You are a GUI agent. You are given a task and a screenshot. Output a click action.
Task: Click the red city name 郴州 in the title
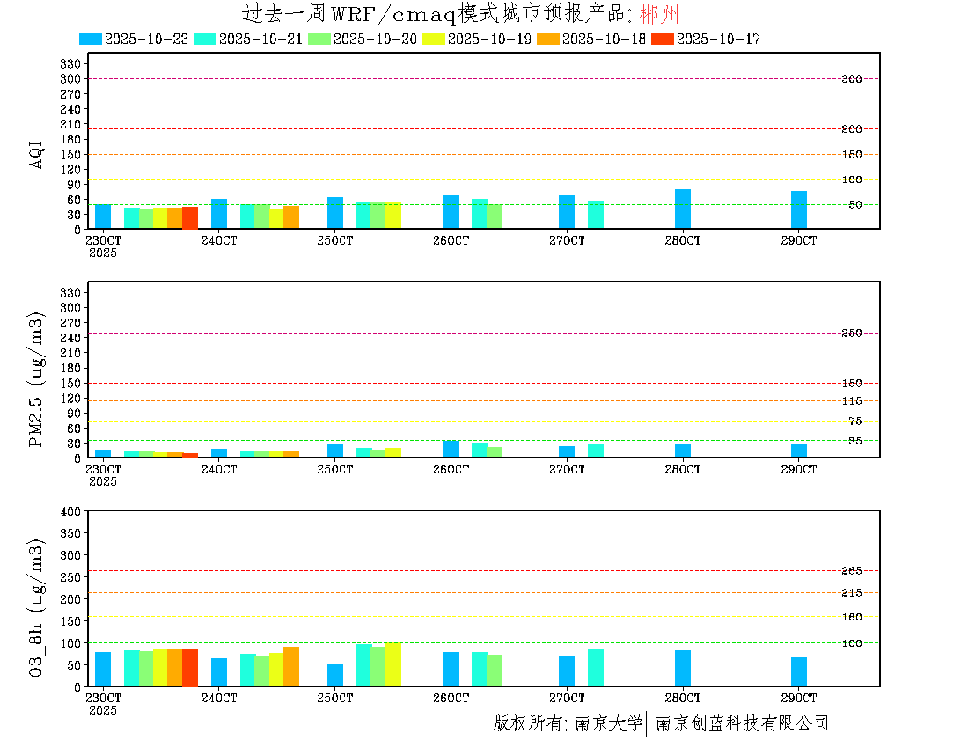(x=659, y=14)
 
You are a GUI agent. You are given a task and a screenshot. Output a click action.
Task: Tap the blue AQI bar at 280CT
(x=683, y=209)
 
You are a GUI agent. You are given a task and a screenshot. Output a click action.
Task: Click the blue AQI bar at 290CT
(x=799, y=209)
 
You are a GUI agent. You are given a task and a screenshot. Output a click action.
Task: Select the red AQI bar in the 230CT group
(x=190, y=217)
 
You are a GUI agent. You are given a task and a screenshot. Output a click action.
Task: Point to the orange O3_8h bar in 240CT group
(x=291, y=666)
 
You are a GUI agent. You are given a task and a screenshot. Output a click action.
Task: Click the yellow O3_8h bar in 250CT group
(x=393, y=664)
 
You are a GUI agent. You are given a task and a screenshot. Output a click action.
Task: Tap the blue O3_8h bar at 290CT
(x=799, y=671)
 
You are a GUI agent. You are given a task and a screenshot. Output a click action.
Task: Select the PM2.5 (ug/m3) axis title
(x=37, y=379)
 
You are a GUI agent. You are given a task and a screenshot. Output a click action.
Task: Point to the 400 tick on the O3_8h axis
(x=70, y=511)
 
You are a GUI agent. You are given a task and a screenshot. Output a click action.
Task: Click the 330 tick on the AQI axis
(x=70, y=64)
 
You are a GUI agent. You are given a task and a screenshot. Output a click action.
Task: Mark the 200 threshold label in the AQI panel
(x=852, y=129)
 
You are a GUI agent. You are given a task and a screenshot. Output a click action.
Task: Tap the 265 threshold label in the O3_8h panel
(x=852, y=571)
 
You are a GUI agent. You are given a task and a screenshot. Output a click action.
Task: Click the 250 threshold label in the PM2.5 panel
(x=852, y=334)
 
